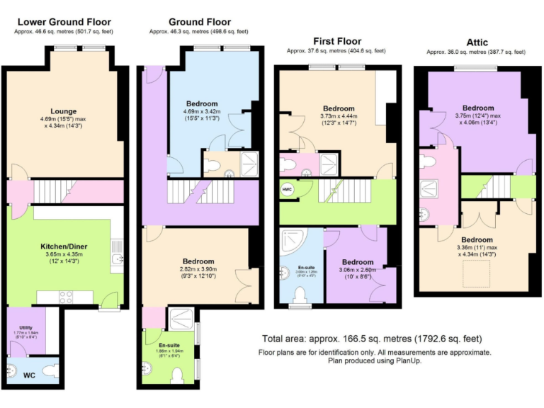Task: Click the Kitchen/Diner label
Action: [x=63, y=246]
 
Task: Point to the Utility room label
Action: [x=25, y=327]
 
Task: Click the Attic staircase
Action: [x=495, y=186]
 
